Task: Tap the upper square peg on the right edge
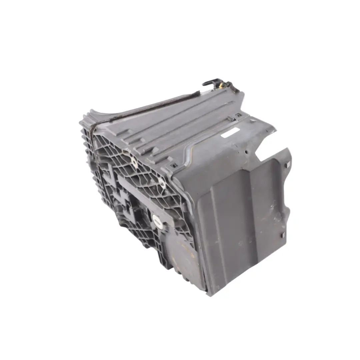[288, 164]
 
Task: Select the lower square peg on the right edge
[283, 235]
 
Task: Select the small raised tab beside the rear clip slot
[230, 118]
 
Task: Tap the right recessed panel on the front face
[268, 213]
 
